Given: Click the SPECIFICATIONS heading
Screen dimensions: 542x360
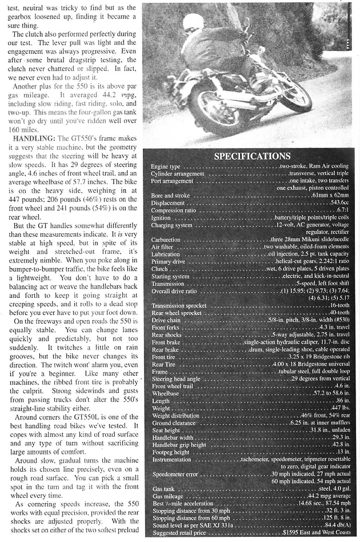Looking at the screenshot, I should pyautogui.click(x=252, y=157).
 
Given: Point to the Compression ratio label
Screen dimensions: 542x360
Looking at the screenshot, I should pyautogui.click(x=173, y=210).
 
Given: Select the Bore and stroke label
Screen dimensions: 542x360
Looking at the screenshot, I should pyautogui.click(x=170, y=196).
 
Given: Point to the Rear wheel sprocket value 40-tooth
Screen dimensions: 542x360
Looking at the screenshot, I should pyautogui.click(x=340, y=313).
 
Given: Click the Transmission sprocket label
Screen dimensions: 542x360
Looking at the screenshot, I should pyautogui.click(x=179, y=306).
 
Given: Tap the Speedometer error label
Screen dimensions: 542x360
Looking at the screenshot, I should pyautogui.click(x=175, y=474).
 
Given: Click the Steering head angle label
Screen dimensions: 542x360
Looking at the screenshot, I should pyautogui.click(x=176, y=379).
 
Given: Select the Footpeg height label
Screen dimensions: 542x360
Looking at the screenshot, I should pyautogui.click(x=171, y=452).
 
